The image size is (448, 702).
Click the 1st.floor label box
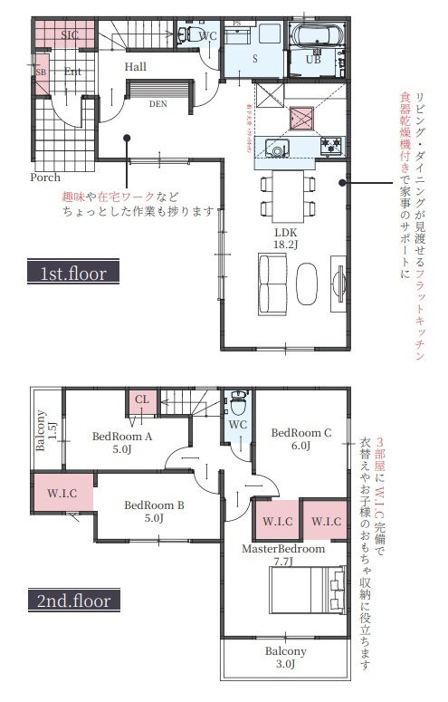coord(73,272)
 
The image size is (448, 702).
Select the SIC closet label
coord(71,34)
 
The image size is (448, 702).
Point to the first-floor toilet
coord(184,35)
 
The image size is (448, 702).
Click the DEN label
coord(158,103)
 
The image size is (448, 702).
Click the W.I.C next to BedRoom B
coord(62,494)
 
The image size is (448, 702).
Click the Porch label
coord(45,178)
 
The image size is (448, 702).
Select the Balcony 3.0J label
coord(286,657)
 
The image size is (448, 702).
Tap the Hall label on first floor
coord(136,67)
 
